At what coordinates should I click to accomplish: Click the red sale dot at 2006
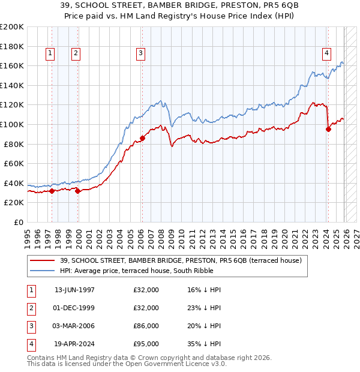(143, 138)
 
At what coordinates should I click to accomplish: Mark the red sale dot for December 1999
(78, 191)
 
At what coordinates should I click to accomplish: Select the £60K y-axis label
(13, 163)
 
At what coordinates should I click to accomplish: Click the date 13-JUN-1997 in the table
(74, 290)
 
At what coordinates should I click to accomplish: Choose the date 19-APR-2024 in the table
(74, 344)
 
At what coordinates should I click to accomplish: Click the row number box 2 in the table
(30, 308)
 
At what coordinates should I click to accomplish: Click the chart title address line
(180, 5)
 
